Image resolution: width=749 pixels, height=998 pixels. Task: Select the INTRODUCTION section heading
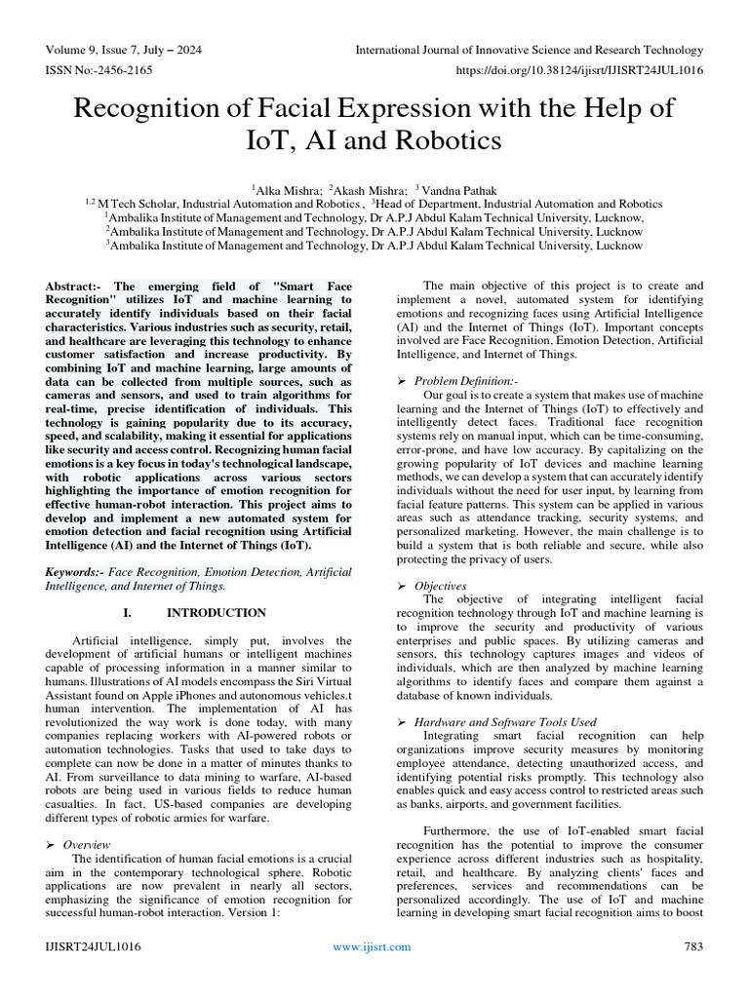[x=217, y=613]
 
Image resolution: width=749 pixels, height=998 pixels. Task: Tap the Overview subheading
[x=87, y=844]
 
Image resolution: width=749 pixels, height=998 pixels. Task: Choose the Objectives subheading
[x=440, y=586]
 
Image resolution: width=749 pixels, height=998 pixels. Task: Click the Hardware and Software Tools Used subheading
[x=505, y=722]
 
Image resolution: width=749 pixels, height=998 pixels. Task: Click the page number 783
[x=693, y=946]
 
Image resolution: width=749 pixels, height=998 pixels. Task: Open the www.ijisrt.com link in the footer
[x=372, y=946]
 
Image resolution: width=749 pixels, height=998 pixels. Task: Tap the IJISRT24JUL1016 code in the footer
[x=93, y=946]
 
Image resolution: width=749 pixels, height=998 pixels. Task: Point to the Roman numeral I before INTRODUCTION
[x=127, y=613]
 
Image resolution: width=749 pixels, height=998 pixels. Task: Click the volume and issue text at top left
[x=124, y=50]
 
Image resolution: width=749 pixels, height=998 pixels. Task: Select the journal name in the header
[x=529, y=50]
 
